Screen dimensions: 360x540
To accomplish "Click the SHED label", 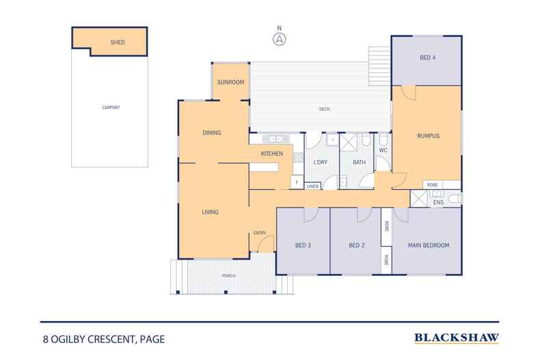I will pos(118,42).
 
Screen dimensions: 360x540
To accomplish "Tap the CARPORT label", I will pos(110,107).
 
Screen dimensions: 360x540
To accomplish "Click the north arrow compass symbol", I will pos(279,38).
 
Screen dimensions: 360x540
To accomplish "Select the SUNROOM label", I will pos(230,82).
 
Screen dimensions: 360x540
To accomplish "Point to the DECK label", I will pos(324,109).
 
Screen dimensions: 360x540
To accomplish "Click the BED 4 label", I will pos(427,58).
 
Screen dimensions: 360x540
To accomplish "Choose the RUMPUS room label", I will pos(427,136).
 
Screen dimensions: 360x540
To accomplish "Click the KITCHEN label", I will pos(271,154).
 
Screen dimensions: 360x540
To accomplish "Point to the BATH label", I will pos(359,162).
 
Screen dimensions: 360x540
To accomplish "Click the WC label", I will pos(383,150).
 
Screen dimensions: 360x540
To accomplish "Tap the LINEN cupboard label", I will pos(312,186).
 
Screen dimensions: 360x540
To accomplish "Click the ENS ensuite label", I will pos(439,203).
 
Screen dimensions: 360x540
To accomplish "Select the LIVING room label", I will pos(210,212).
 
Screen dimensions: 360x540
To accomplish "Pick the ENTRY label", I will pos(260,233).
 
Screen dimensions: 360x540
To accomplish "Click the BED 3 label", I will pos(303,246).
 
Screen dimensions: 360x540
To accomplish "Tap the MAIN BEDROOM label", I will pos(428,246).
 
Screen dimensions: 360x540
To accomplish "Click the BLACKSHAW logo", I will pos(457,337).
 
